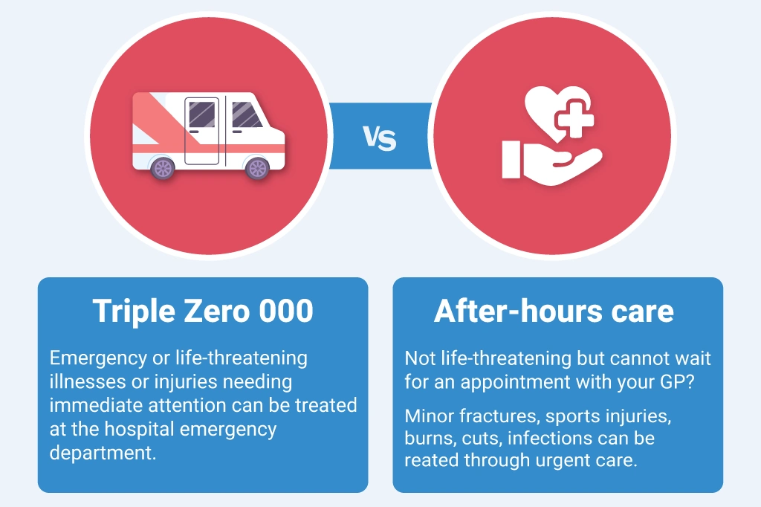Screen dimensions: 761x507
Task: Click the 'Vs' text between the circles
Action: coord(380,138)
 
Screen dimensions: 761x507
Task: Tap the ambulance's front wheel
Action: coord(257,168)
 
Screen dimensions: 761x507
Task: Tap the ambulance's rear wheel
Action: coord(163,168)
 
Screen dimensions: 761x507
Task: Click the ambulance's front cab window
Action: coord(247,115)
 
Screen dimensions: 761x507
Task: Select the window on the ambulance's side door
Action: coord(202,113)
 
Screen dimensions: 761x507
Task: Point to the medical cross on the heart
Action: coord(574,118)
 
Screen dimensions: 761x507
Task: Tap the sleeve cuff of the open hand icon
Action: coord(511,160)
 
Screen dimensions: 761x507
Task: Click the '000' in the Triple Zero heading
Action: coord(286,311)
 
